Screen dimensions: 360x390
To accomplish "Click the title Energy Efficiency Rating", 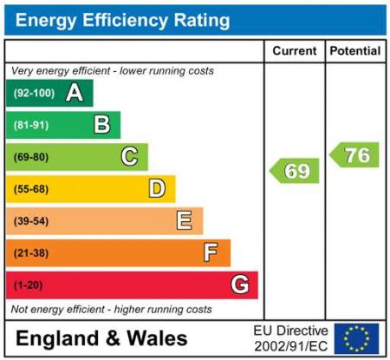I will click(123, 19).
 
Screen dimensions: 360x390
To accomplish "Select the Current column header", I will click(295, 51).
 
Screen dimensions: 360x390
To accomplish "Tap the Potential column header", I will click(355, 51).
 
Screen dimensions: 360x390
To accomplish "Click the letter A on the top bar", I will click(75, 93).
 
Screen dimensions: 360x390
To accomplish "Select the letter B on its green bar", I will click(102, 125).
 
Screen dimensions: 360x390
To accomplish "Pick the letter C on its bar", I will click(129, 157).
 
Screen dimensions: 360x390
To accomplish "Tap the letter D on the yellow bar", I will click(157, 188).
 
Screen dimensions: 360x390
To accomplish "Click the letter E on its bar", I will click(185, 220).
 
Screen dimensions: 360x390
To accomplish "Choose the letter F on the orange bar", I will click(211, 252).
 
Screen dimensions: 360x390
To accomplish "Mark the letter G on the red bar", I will click(240, 285).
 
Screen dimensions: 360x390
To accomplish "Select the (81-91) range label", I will click(31, 126).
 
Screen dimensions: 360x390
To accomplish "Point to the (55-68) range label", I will click(31, 189).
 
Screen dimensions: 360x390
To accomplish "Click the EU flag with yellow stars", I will click(357, 338).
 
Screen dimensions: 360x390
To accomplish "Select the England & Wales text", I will click(101, 338).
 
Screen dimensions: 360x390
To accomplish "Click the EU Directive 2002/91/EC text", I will click(290, 338).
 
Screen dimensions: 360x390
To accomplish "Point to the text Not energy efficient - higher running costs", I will click(111, 309).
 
